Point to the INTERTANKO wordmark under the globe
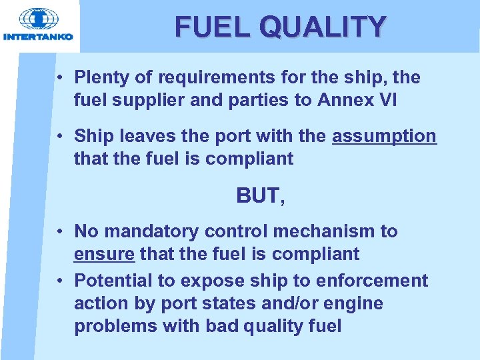39,37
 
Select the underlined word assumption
384,136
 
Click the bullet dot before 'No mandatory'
60,232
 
